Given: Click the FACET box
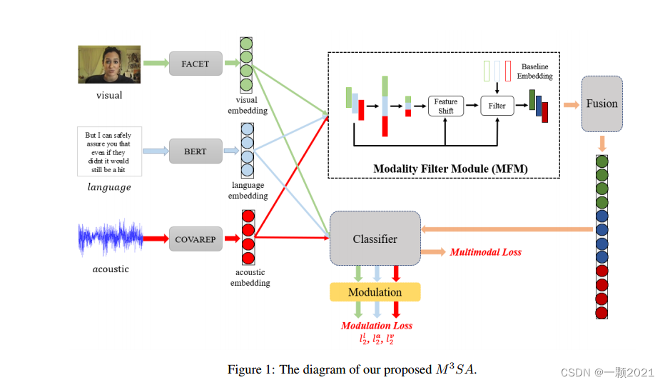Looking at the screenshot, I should (196, 64).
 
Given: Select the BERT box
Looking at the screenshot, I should (195, 151).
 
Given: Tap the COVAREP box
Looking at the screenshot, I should (195, 239).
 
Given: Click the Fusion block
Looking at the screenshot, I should (601, 104).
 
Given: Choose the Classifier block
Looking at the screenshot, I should (375, 239).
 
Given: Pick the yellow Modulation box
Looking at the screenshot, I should (375, 292).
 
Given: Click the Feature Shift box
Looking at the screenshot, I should (446, 106).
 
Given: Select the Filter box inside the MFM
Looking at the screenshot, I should (497, 106).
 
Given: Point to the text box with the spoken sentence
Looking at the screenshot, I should (109, 151).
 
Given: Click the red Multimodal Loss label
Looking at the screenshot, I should (485, 252).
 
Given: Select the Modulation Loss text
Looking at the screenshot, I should (376, 326).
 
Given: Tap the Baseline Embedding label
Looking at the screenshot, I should (536, 71).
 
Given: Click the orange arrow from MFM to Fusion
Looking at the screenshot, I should (571, 105).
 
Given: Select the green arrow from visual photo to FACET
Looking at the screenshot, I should (155, 64).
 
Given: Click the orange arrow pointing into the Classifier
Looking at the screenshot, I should (507, 229).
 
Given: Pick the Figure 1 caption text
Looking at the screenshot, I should (351, 369).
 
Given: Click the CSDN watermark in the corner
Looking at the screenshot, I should (607, 372).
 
